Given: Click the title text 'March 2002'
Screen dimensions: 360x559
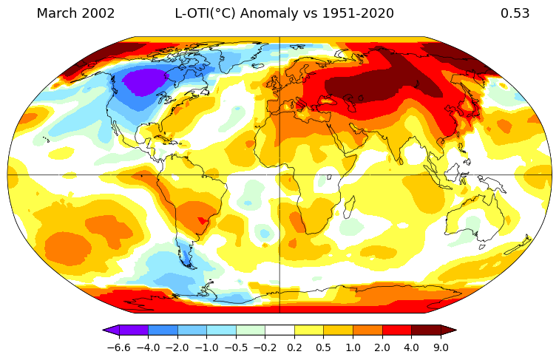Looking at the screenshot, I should click(x=75, y=13).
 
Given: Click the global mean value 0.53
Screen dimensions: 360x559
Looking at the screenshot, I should click(x=515, y=13).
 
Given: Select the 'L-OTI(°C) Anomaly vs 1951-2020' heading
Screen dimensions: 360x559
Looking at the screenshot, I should click(x=284, y=13).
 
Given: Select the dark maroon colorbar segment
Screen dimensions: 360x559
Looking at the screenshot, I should click(x=426, y=330).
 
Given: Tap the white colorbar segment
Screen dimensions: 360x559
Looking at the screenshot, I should click(x=279, y=330).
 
